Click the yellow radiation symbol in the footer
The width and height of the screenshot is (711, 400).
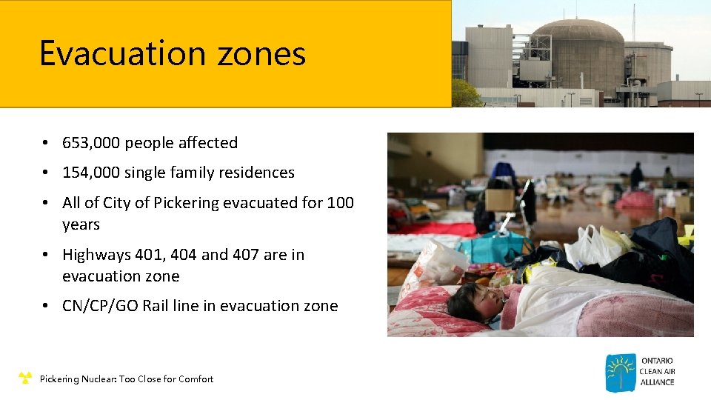[x=25, y=379]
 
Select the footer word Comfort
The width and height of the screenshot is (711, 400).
[x=196, y=379]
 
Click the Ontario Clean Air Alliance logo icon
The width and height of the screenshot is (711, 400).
[x=620, y=373]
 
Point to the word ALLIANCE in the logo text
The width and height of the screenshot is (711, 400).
[x=658, y=382]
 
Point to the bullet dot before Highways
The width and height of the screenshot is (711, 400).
[x=46, y=255]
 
